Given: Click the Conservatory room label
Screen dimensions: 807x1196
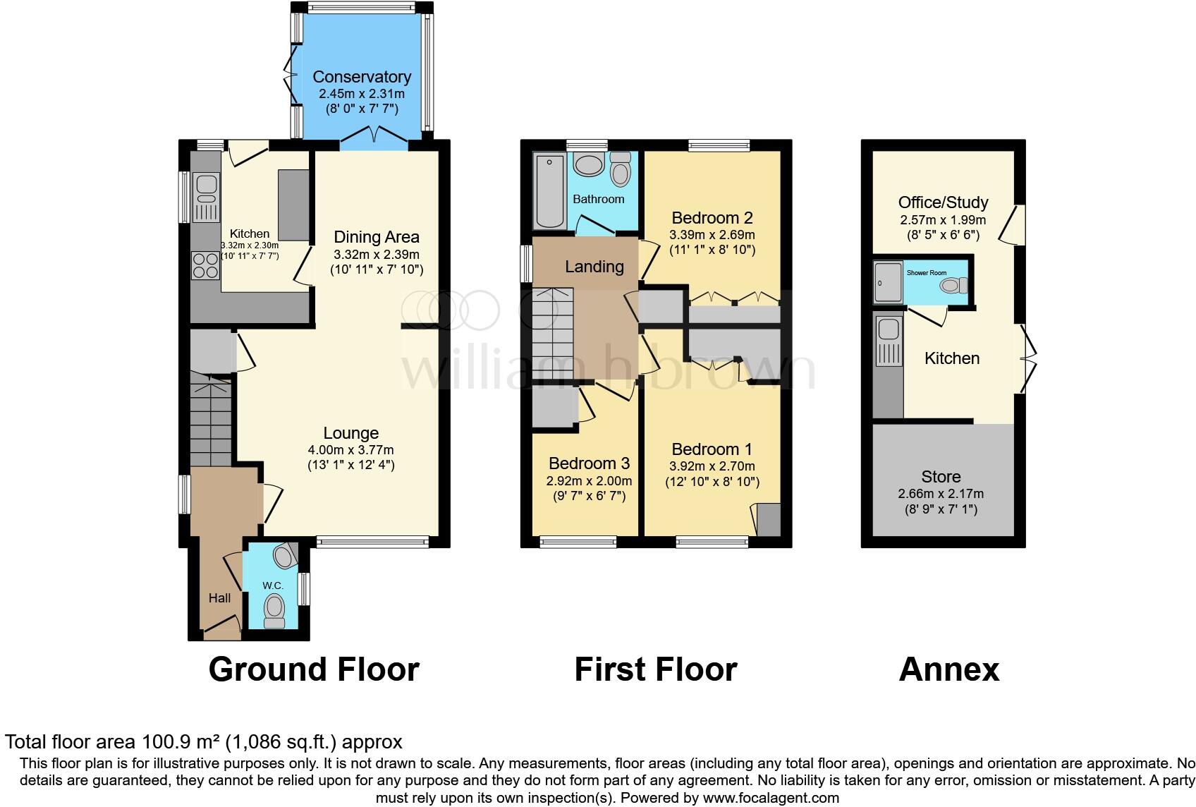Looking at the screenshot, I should [x=361, y=77].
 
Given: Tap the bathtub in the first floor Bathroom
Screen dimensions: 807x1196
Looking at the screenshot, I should [x=547, y=190].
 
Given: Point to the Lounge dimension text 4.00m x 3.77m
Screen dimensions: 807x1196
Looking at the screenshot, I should [x=350, y=449].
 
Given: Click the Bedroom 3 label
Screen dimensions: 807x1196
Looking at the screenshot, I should [x=589, y=463].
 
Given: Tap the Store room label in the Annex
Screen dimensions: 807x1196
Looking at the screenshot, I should [x=941, y=477].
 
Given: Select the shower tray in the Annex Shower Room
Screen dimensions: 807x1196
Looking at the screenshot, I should [x=889, y=283].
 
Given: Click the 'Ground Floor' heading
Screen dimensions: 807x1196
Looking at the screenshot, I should [x=314, y=669].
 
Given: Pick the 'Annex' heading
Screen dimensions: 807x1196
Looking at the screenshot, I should [x=949, y=669].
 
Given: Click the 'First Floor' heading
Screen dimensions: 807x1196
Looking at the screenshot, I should [x=656, y=669].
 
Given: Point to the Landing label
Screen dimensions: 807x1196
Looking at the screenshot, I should [x=594, y=267].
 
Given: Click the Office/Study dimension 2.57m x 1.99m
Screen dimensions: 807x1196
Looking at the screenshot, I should [x=943, y=220].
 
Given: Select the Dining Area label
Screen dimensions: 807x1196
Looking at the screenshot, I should [x=377, y=237].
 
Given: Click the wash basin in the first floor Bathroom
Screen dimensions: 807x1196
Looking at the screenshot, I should [x=589, y=166].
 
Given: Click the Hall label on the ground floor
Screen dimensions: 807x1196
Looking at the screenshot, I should [x=219, y=598].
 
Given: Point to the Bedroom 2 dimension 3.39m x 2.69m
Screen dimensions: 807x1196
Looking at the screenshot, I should [x=712, y=235].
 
